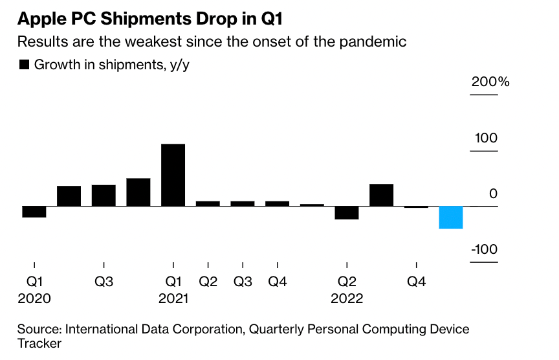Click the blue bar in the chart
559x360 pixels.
click(451, 218)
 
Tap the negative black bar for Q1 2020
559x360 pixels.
click(34, 212)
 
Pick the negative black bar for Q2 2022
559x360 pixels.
click(347, 213)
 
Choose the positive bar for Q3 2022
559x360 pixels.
click(382, 195)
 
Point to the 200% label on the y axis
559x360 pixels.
click(490, 82)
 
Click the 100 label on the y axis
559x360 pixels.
click(487, 139)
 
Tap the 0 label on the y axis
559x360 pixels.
click(494, 194)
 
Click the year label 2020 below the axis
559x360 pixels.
click(34, 299)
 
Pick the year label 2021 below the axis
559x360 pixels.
click(173, 299)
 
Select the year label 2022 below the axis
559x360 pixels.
click(347, 299)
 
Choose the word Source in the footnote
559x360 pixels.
click(38, 330)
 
